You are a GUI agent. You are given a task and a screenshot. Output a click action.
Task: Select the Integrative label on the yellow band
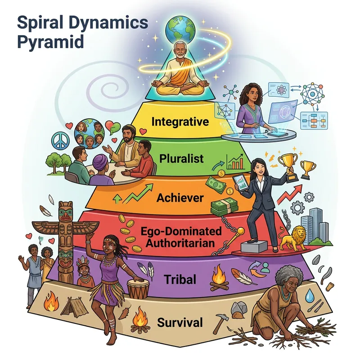click(180, 121)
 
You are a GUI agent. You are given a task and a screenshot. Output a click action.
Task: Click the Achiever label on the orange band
click(180, 197)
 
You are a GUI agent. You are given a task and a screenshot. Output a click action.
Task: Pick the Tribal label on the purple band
click(180, 279)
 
